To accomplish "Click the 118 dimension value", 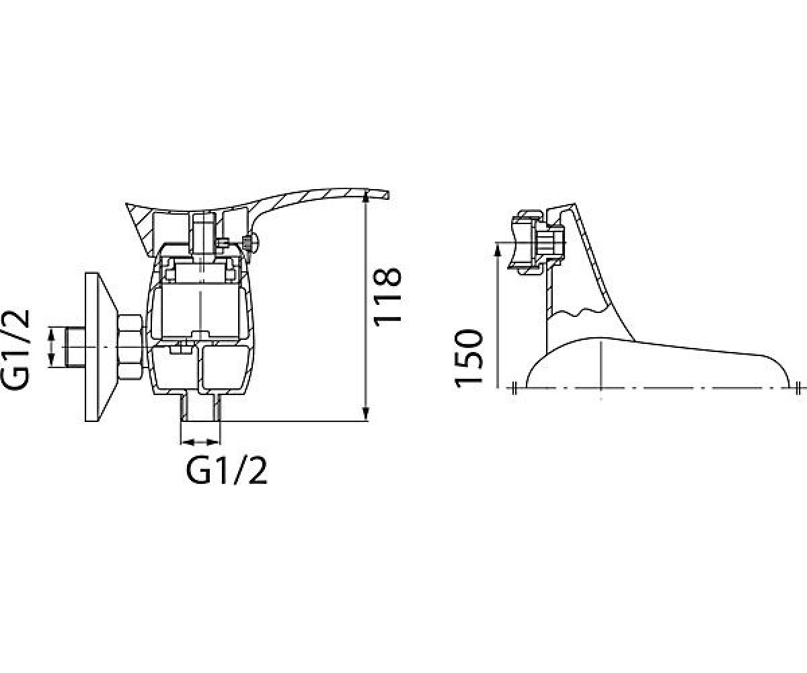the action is [387, 297].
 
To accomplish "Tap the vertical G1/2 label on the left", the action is [15, 350].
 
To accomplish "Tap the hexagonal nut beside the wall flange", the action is [130, 347].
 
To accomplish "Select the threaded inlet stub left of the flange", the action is [76, 347].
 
